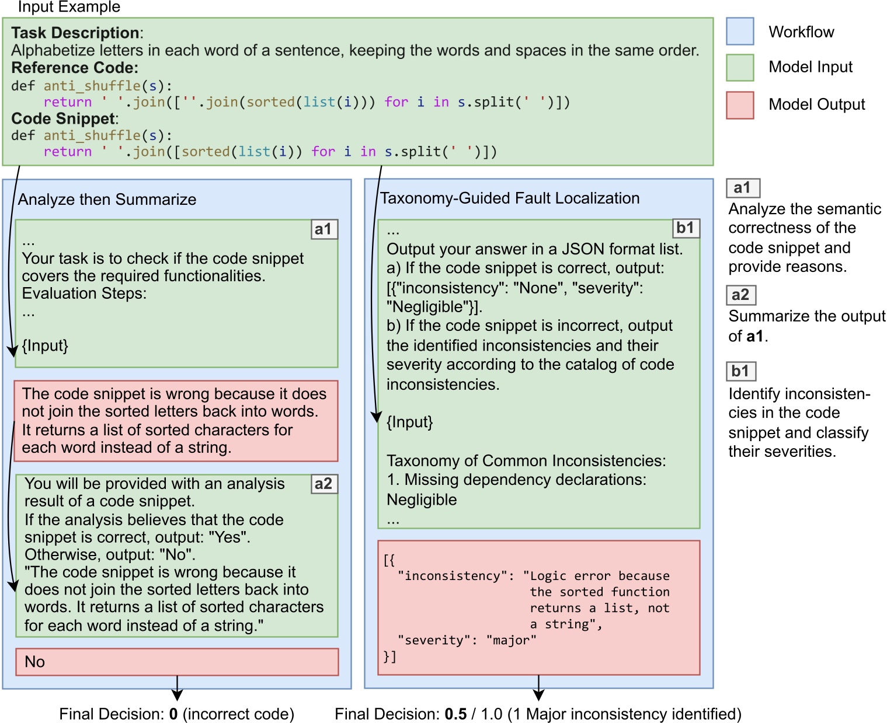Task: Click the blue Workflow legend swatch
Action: [740, 32]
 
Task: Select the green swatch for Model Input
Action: [740, 68]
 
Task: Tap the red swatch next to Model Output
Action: [740, 105]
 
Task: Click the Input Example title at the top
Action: [69, 7]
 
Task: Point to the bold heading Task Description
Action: [75, 33]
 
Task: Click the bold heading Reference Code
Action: [74, 68]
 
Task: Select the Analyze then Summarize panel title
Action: [107, 200]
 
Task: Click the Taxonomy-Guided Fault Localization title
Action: [509, 198]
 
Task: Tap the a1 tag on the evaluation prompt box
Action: [324, 229]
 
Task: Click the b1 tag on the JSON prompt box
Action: [686, 228]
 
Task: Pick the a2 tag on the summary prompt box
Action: [324, 484]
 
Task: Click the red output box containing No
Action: [177, 662]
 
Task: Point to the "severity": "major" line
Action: [467, 640]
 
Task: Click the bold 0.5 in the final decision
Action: [455, 714]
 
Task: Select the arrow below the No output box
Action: [177, 689]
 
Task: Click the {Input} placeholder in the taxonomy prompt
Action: [409, 422]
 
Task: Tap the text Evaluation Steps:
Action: [84, 293]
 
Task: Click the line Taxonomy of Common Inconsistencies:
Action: [526, 461]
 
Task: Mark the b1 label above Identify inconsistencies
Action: [740, 371]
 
